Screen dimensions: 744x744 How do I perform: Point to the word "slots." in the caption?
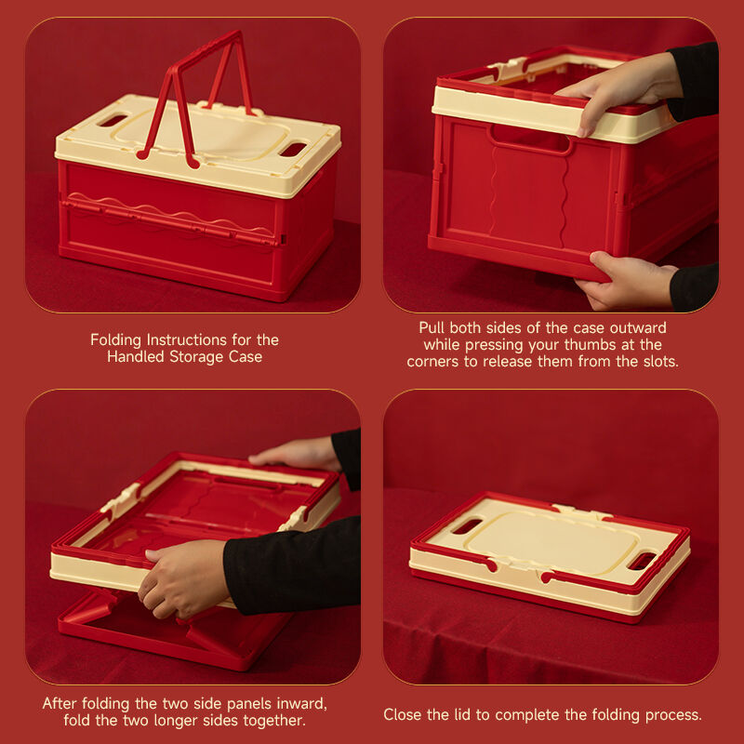tap(660, 362)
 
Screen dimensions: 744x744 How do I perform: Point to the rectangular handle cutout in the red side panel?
tap(530, 138)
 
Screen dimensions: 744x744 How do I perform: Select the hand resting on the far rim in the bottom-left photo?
tap(296, 453)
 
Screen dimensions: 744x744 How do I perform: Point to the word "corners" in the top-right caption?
tap(432, 362)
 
